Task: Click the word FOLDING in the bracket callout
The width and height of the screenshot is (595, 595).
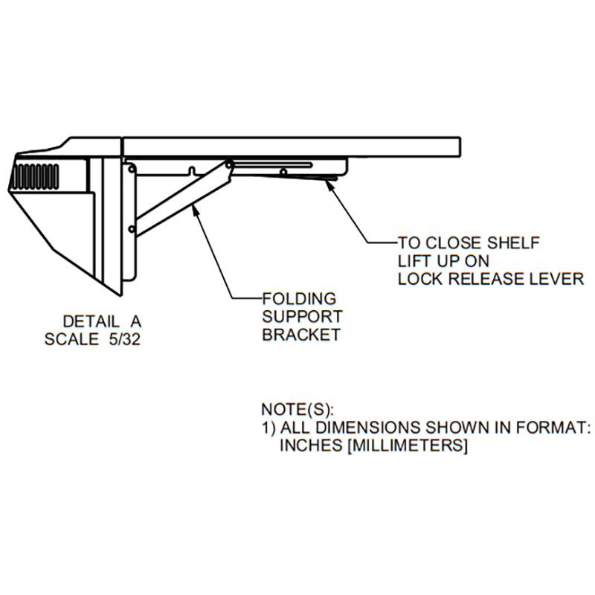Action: point(299,299)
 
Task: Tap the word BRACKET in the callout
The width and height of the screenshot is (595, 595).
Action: point(301,335)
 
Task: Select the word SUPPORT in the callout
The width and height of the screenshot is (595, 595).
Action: point(302,317)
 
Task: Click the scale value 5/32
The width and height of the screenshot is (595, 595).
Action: point(124,339)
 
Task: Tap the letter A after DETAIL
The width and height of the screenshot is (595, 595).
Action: point(136,322)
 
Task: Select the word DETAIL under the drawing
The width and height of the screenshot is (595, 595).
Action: point(91,322)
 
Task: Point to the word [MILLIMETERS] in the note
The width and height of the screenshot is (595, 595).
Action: point(407,445)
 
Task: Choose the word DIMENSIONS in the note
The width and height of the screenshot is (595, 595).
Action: point(368,427)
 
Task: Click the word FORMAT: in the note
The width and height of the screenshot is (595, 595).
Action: point(553,427)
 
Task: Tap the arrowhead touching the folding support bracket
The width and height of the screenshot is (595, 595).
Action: point(196,208)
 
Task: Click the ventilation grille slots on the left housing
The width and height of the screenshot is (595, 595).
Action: point(34,176)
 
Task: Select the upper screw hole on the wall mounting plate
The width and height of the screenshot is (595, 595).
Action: point(132,169)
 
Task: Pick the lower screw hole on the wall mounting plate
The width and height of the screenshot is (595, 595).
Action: point(132,229)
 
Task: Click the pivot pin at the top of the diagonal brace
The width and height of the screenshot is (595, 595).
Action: point(229,164)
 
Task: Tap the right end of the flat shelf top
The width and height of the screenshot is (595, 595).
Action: point(460,147)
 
